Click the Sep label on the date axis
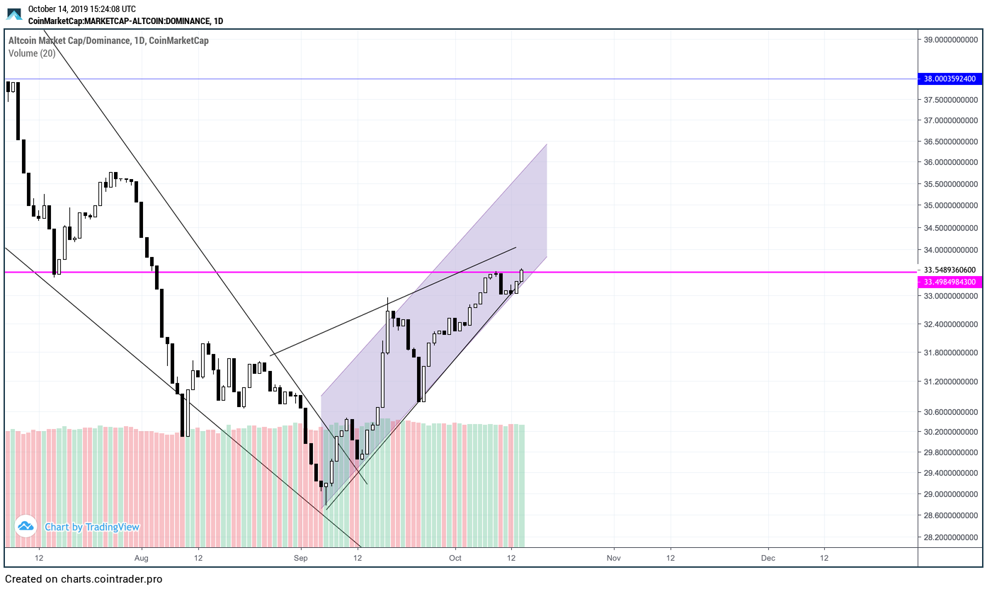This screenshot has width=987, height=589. [301, 558]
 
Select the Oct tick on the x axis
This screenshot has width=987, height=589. [455, 558]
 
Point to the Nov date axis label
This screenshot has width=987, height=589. [613, 558]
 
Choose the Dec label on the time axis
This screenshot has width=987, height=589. [768, 558]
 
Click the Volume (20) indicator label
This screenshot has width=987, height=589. [32, 53]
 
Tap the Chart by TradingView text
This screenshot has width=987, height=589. [92, 527]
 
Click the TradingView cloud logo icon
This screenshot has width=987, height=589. [26, 526]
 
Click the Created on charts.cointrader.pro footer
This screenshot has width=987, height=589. [84, 579]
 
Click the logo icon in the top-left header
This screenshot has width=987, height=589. [14, 14]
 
